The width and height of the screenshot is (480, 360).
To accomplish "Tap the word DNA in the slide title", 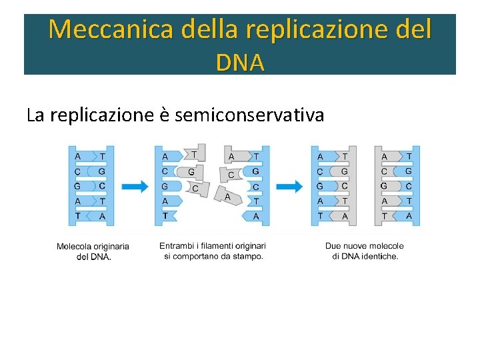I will tap(240, 62).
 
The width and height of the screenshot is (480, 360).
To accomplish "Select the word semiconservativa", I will tap(249, 115).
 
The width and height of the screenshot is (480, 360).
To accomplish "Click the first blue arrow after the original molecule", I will tap(135, 187).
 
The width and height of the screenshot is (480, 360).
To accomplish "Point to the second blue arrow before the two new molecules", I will tap(289, 187).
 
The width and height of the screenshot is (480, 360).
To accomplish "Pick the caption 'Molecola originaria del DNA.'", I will tap(93, 251).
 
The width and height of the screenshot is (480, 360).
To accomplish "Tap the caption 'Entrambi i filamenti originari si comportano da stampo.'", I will tap(213, 251).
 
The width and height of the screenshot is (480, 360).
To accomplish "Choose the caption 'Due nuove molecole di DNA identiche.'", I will tap(365, 251).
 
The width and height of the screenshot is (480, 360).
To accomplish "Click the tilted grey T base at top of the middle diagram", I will tap(195, 154).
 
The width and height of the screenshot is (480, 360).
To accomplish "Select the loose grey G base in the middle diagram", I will tap(191, 172).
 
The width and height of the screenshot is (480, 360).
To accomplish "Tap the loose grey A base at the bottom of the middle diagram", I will tap(226, 196).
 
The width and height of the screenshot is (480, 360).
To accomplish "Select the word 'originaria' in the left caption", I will tap(111, 247).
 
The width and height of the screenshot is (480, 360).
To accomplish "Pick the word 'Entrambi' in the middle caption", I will tap(176, 246).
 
